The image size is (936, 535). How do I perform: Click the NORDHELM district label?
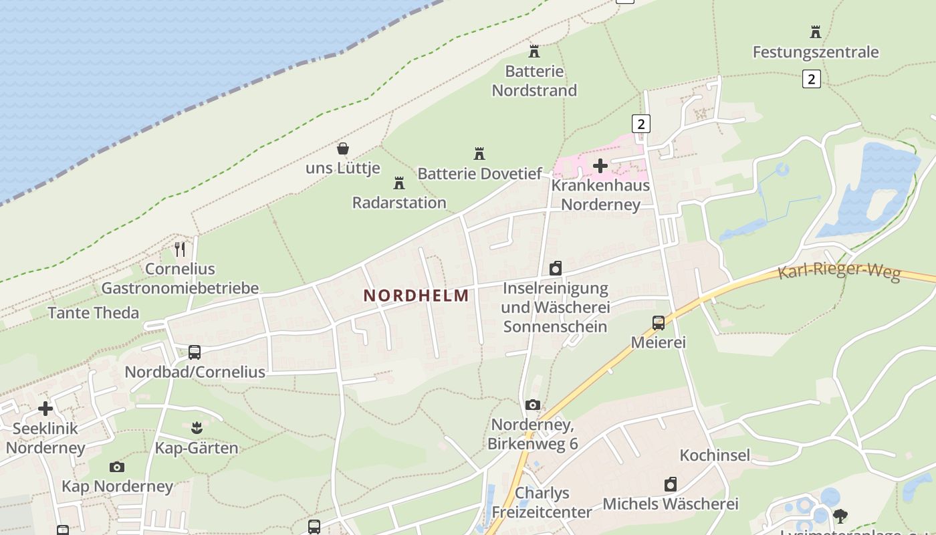click(416, 295)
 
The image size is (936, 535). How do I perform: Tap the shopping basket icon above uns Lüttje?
click(343, 148)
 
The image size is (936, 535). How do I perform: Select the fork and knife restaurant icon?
click(180, 249)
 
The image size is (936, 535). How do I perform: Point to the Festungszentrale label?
click(815, 52)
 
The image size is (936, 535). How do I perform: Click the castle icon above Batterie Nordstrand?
click(534, 51)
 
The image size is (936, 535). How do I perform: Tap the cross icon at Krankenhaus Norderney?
click(600, 165)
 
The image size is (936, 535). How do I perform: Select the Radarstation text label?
click(399, 203)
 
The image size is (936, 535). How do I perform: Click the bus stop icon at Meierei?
click(659, 323)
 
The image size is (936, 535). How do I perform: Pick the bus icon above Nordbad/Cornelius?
click(195, 352)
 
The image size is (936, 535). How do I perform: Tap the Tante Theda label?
click(94, 312)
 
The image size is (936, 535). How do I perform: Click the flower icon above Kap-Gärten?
click(197, 427)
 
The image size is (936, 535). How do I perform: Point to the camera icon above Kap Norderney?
click(117, 467)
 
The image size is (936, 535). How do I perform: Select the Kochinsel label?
click(715, 455)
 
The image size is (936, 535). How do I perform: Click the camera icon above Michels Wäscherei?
click(671, 484)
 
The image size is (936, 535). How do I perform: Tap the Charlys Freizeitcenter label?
click(542, 503)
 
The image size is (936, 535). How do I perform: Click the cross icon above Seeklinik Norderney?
click(45, 408)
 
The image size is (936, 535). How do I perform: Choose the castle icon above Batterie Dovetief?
click(479, 154)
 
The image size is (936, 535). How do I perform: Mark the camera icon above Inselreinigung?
click(555, 269)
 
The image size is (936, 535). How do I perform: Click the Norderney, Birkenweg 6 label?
click(533, 435)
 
